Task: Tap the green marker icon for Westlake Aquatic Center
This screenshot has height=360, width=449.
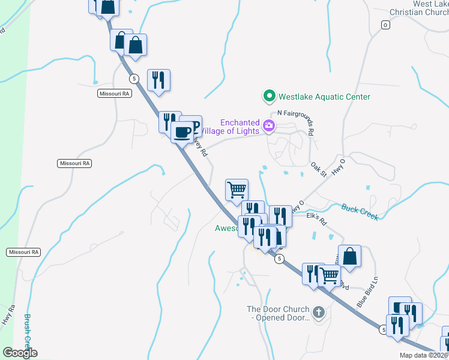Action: (269, 96)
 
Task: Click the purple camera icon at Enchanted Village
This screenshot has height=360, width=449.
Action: (269, 127)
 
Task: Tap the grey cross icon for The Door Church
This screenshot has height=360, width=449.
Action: (318, 312)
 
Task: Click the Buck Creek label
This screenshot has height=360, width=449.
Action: (360, 212)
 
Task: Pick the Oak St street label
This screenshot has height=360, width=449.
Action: (318, 169)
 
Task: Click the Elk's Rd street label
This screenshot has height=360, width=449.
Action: (316, 218)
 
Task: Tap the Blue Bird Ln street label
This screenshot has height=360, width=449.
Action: (368, 292)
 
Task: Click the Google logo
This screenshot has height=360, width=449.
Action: (20, 352)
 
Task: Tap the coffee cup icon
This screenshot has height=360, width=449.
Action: (182, 131)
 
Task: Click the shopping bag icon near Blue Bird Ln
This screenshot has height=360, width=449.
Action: (349, 256)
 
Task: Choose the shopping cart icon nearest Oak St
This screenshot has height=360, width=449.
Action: (237, 190)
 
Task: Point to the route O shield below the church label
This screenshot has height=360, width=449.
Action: (385, 25)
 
